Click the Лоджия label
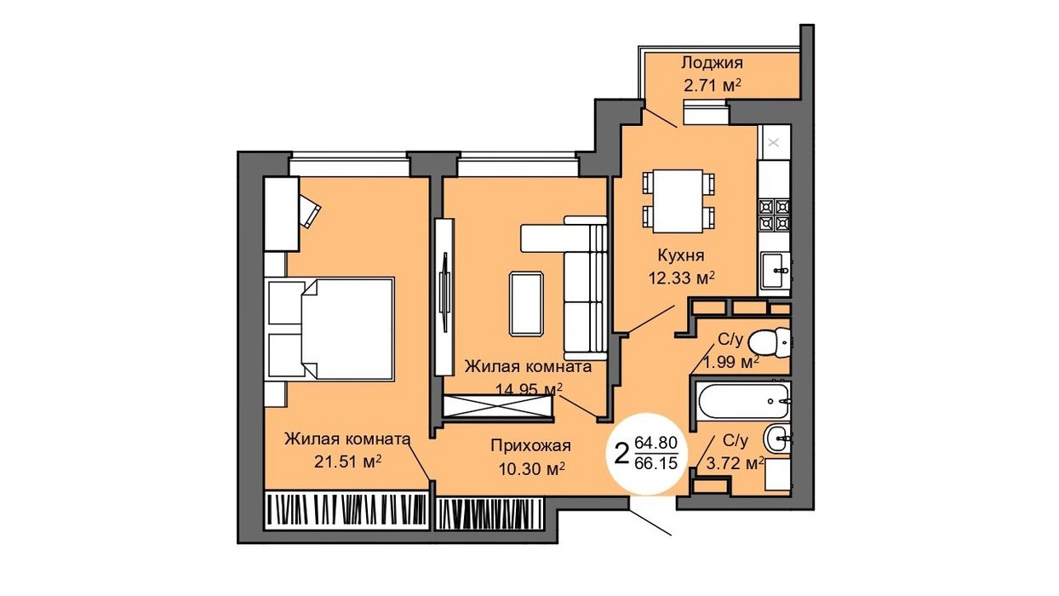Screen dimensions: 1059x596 pos(712,63)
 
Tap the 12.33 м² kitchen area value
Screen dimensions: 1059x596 pos(681,278)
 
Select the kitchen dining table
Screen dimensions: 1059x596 pos(678,201)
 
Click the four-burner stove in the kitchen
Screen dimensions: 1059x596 pos(775,215)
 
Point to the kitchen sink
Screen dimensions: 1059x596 pos(775,270)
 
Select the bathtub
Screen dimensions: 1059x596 pos(744,401)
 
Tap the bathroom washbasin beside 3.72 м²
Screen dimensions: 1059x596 pos(777,438)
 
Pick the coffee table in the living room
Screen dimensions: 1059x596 pos(526,304)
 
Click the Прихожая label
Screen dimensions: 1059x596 pos(531,445)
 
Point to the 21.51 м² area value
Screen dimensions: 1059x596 pos(348,461)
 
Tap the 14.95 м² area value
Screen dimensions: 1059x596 pos(529,389)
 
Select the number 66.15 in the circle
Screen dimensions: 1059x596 pos(656,463)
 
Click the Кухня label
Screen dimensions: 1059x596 pos(681,256)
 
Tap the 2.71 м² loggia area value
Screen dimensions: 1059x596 pos(712,86)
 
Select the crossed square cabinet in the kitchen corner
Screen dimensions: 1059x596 pos(774,142)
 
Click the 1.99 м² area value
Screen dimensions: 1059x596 pos(732,363)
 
